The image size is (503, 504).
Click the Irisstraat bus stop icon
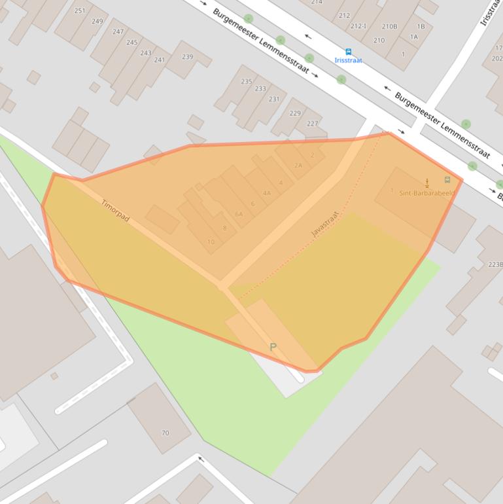coord(348,52)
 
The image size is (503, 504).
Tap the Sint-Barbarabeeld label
coord(426,193)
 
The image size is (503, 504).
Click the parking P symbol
coord(273,347)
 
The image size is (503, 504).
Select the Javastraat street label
coord(325,224)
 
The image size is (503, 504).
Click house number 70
coord(165,433)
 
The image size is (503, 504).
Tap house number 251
coord(80,11)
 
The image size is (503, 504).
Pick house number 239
coord(187,57)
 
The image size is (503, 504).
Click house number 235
coord(246,81)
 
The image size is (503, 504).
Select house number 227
coord(312,123)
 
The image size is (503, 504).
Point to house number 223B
coord(495,264)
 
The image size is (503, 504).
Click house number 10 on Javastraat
coord(211,242)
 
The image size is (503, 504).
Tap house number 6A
coord(239,214)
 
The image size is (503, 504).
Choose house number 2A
coord(298,166)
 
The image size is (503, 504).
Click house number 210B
coord(389,27)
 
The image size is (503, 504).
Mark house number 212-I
coord(358,26)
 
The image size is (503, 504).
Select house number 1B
coord(421,27)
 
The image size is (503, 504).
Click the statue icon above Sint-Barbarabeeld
coord(427,182)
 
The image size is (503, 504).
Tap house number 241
coord(160,60)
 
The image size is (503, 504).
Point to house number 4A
coord(267,193)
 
